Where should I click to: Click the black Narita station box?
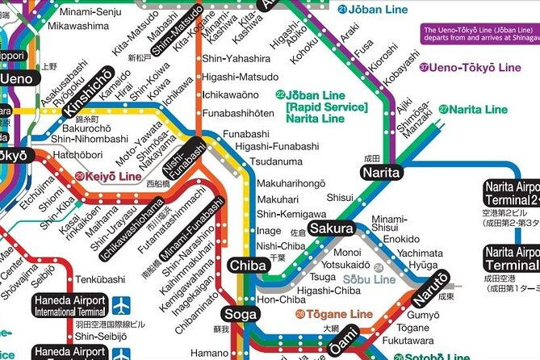coord(381,171)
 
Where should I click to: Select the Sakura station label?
coord(330,228)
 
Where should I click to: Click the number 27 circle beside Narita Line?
coord(443,109)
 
